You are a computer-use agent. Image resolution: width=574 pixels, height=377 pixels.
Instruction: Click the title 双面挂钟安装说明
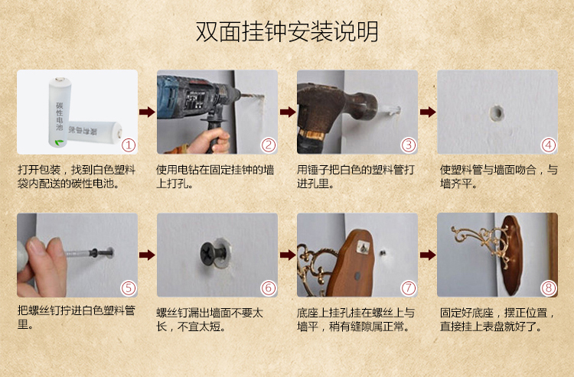287,31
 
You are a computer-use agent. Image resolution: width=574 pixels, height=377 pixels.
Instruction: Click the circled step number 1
129,145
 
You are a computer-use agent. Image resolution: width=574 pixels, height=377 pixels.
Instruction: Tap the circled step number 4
549,145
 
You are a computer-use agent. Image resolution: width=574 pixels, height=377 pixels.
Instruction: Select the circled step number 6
269,288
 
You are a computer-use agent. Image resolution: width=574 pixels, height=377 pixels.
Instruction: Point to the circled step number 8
549,288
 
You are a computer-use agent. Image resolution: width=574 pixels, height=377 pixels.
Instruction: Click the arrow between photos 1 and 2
147,112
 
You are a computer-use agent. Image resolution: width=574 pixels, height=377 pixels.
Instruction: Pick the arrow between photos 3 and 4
428,112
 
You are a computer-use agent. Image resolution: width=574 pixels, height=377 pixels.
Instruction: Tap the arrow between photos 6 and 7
287,255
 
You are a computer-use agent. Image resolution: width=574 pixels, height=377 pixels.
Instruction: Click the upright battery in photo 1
60,112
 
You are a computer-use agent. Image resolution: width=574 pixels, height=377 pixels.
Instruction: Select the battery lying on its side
95,131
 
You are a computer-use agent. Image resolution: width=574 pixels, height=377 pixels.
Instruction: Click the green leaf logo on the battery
59,142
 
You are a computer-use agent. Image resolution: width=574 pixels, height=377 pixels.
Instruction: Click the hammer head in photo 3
337,103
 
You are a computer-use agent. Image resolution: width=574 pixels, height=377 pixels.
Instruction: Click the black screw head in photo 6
212,252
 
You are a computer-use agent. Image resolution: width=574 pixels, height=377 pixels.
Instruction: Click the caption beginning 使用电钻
215,176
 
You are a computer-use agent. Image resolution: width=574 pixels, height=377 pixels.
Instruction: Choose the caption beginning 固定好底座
497,319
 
